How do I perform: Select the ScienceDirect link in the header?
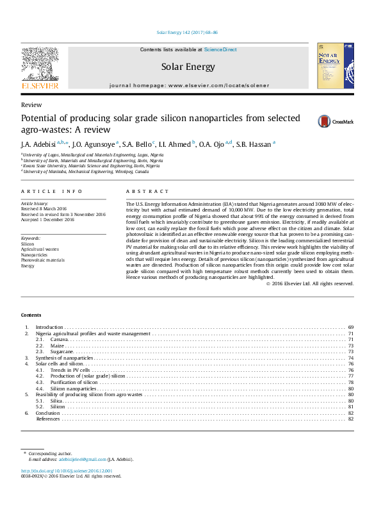[x=220, y=49]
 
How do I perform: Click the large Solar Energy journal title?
[x=188, y=67]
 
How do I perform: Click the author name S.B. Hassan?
[x=254, y=144]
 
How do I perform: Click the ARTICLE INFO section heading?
[x=52, y=192]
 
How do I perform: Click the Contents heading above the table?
[x=31, y=315]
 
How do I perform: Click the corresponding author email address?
[x=83, y=459]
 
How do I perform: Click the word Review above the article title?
[x=31, y=104]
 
